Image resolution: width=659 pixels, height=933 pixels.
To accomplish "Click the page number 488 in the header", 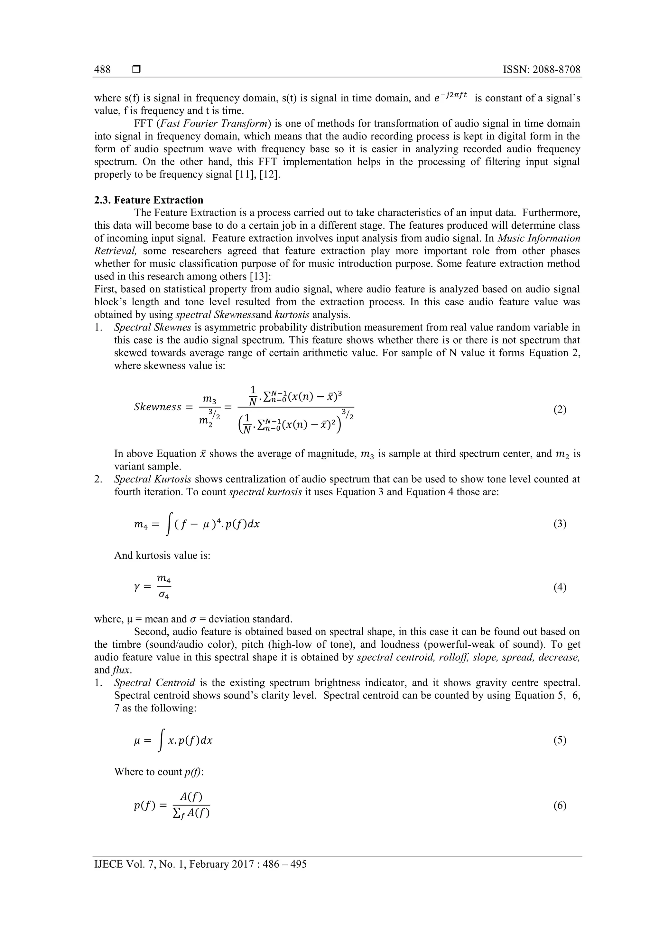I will tap(102, 70).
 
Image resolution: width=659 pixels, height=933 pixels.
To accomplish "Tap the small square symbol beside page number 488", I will tap(136, 70).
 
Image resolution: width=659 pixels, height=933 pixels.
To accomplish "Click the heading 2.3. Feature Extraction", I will tap(149, 200).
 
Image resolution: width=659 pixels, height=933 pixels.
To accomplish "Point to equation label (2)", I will tap(560, 410).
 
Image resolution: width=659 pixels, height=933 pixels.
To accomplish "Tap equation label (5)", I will tap(560, 740).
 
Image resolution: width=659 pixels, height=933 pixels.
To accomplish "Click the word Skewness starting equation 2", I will tap(158, 407).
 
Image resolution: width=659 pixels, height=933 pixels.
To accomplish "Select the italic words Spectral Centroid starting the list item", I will tap(155, 683).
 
